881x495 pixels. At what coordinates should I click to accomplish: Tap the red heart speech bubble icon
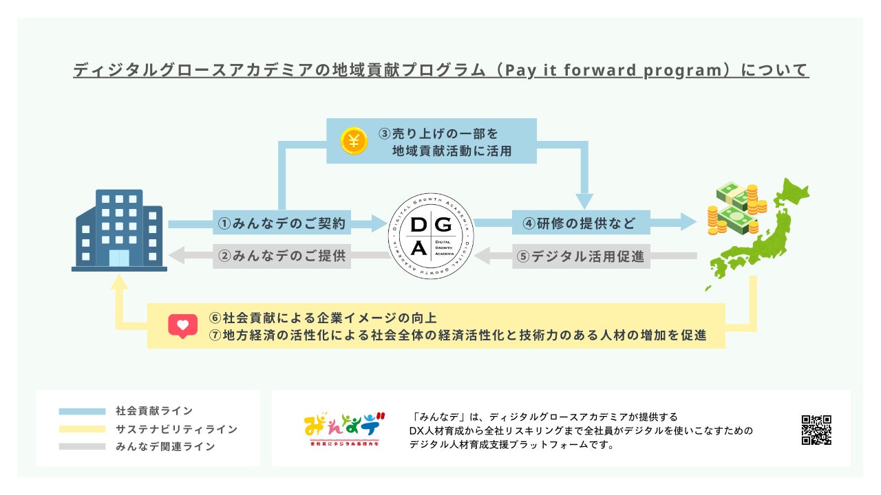click(x=182, y=326)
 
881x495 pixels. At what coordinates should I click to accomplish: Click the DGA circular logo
click(x=432, y=237)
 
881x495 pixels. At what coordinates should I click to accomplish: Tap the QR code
click(x=816, y=430)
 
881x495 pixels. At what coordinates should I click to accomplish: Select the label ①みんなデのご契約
click(x=282, y=223)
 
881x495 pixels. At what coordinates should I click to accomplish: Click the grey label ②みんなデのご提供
click(x=282, y=257)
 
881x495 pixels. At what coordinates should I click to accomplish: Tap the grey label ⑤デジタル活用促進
click(x=581, y=257)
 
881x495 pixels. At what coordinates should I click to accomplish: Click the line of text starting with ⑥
click(x=323, y=318)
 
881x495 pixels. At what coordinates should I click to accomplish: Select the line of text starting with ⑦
click(x=458, y=336)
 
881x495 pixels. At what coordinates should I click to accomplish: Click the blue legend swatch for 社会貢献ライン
click(x=81, y=412)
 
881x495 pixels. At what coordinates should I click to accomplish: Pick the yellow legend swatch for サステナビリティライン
click(x=81, y=430)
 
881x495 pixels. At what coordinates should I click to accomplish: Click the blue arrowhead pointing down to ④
click(x=584, y=200)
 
